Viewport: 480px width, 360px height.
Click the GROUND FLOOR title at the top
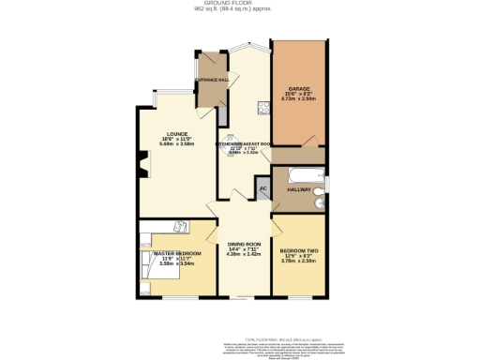[239, 4]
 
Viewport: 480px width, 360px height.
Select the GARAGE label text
[299, 88]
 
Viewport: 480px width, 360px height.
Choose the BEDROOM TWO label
[299, 250]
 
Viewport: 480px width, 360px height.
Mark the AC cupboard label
[262, 187]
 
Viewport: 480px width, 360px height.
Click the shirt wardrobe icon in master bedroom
[182, 225]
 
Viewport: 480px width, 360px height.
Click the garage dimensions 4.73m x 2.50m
[299, 98]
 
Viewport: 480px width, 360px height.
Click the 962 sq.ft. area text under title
[239, 10]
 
